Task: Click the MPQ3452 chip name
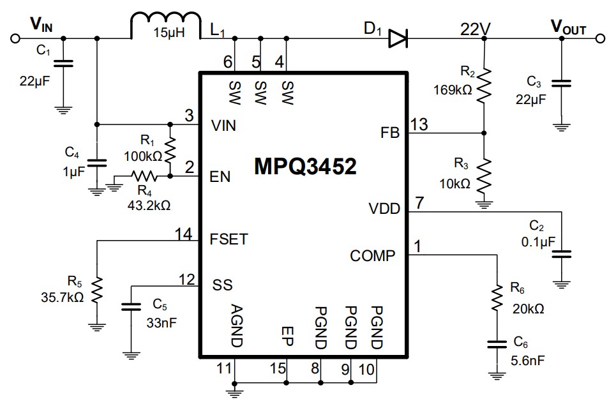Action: (305, 167)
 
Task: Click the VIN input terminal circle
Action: (14, 39)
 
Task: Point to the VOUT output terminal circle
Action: (599, 39)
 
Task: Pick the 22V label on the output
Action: (476, 29)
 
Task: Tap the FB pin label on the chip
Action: (389, 133)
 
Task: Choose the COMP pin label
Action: (373, 256)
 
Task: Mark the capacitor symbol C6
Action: (495, 345)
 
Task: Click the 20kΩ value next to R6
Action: (529, 309)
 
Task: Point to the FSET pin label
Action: (229, 240)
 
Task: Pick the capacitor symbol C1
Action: (63, 63)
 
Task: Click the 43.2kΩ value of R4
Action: (149, 205)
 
